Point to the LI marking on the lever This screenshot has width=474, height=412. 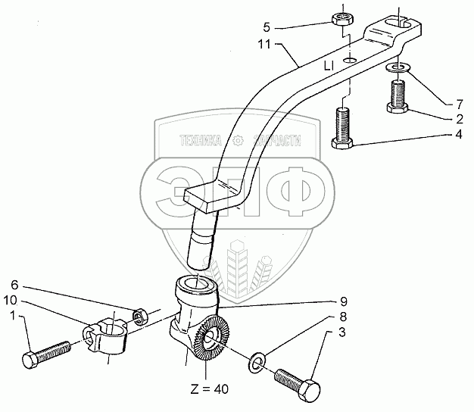pyautogui.click(x=329, y=67)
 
